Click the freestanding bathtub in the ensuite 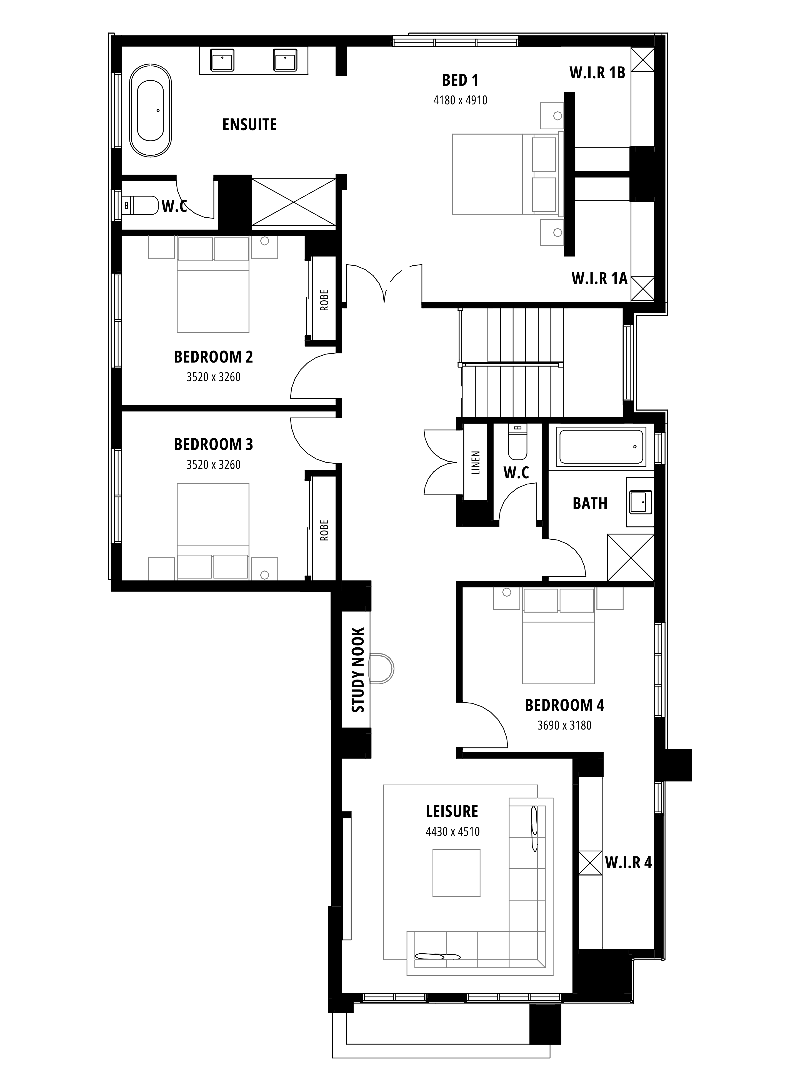tap(150, 110)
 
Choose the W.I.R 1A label tap(599, 278)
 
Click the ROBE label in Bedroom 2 tap(324, 300)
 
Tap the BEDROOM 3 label tap(213, 444)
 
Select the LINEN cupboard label tap(476, 463)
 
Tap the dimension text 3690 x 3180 tap(564, 725)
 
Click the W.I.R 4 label tap(628, 863)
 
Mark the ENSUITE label tap(249, 125)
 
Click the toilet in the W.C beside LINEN tap(517, 442)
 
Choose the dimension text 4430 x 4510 tap(452, 831)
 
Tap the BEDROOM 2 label tap(213, 357)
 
